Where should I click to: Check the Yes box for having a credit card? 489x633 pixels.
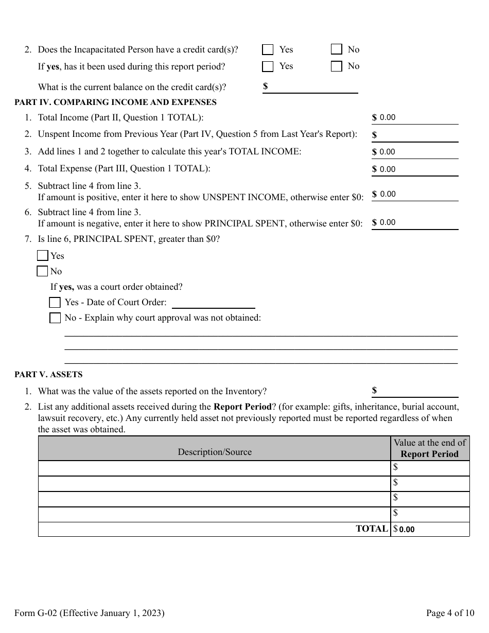[268, 49]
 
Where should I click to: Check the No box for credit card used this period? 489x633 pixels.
[337, 66]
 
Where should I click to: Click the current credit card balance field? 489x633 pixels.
[314, 86]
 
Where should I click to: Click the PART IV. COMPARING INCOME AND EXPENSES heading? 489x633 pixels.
[115, 102]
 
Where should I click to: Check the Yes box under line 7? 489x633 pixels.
[43, 256]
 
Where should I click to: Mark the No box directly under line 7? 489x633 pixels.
[43, 271]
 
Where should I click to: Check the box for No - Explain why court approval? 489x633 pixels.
[55, 318]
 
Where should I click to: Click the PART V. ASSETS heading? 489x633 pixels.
[48, 375]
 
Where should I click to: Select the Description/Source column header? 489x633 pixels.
[215, 452]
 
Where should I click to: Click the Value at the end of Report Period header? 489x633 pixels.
[429, 448]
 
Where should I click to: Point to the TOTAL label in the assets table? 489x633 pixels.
[371, 529]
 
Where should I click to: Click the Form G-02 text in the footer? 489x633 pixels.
[90, 613]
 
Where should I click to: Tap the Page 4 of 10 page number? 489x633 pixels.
[450, 613]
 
